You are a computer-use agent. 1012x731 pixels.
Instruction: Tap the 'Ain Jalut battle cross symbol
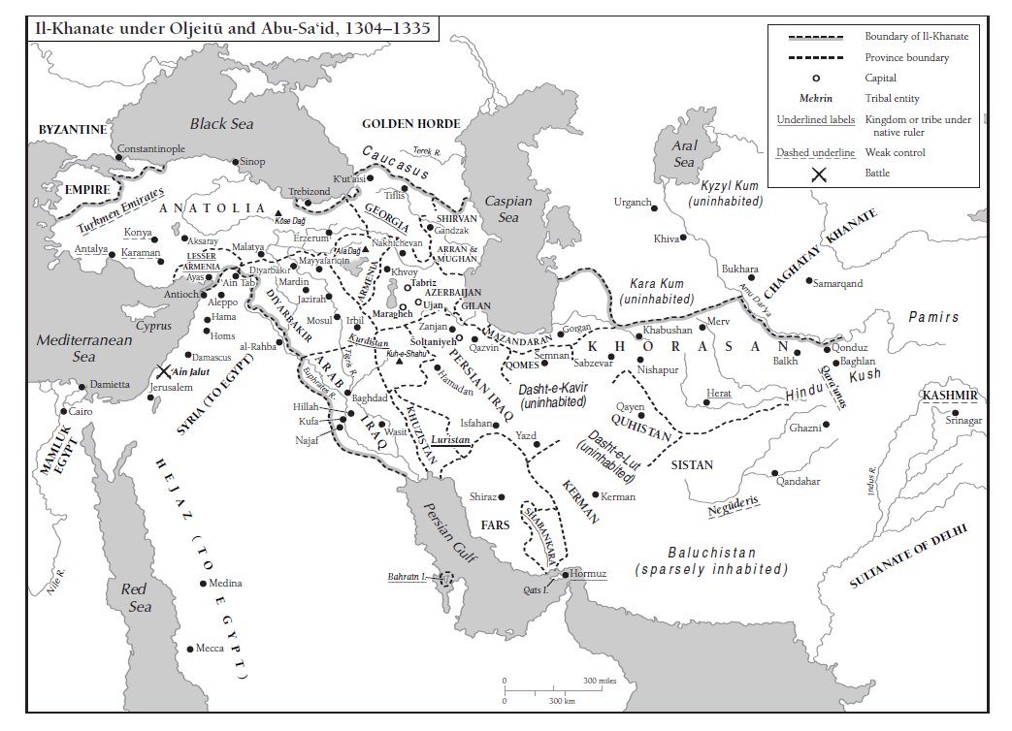[162, 370]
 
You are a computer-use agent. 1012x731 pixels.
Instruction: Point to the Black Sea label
[220, 123]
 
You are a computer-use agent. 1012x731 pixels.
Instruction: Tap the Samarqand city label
[840, 283]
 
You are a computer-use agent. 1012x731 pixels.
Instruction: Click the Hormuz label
[589, 574]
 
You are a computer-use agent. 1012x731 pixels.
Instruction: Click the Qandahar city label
[798, 481]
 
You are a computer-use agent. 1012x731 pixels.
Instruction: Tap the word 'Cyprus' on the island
[153, 326]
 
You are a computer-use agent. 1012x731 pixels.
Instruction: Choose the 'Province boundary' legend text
[906, 57]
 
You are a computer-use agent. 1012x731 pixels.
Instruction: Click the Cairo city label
[80, 411]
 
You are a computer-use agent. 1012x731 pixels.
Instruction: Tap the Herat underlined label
[719, 393]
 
